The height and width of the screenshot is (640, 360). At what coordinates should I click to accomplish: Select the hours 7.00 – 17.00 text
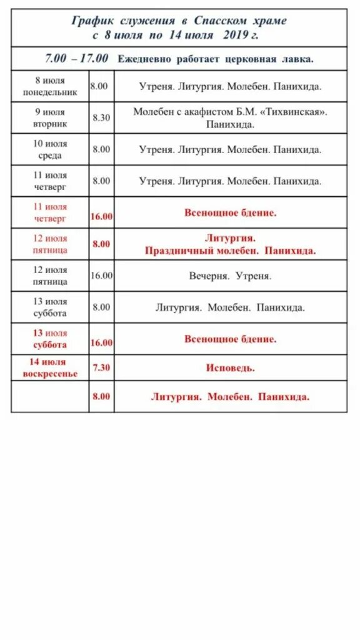click(x=76, y=58)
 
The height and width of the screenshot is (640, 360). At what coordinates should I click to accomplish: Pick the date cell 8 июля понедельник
click(x=50, y=86)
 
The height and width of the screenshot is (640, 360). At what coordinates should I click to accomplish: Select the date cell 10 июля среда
click(x=50, y=149)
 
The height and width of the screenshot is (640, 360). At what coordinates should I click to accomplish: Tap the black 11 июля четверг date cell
click(x=50, y=181)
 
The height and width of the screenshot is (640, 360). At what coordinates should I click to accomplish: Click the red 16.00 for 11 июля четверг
click(x=101, y=216)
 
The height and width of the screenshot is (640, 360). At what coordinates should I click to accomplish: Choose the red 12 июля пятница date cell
click(x=50, y=244)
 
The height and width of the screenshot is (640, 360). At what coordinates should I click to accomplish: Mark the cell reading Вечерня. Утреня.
click(x=230, y=276)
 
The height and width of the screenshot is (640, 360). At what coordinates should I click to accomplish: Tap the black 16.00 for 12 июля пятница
click(x=101, y=276)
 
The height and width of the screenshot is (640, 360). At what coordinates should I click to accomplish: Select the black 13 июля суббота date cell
click(x=50, y=307)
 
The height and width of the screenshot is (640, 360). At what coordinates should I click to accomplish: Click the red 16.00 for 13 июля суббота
click(x=101, y=342)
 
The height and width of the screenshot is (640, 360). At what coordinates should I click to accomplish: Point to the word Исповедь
click(x=230, y=367)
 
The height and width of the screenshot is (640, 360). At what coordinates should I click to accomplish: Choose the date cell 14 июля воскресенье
click(x=50, y=367)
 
